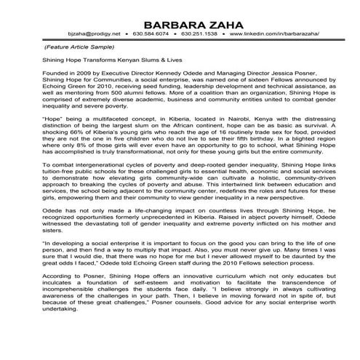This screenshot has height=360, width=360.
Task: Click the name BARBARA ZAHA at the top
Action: coord(180,22)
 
